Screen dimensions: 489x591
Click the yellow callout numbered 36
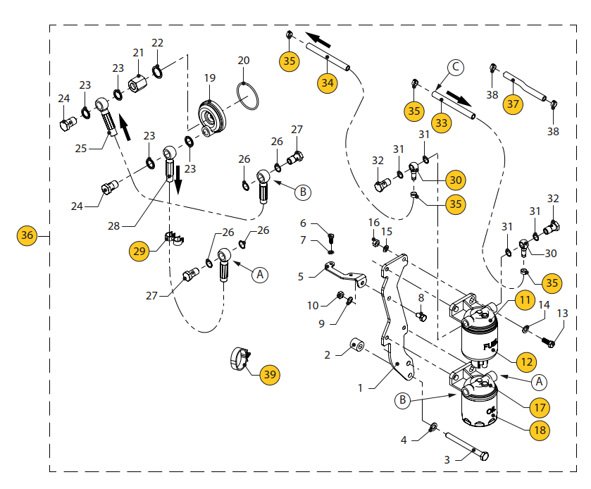[27, 236]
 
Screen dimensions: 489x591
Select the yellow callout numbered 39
[270, 374]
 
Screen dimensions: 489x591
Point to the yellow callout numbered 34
[327, 82]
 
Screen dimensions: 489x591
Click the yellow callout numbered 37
[513, 103]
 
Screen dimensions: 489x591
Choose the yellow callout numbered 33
[442, 123]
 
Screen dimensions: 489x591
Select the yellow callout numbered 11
[523, 299]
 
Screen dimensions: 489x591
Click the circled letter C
[456, 68]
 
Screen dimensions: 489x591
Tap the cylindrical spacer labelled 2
[356, 346]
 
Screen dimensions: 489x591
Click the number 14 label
[543, 305]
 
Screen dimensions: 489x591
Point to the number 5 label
[301, 277]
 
